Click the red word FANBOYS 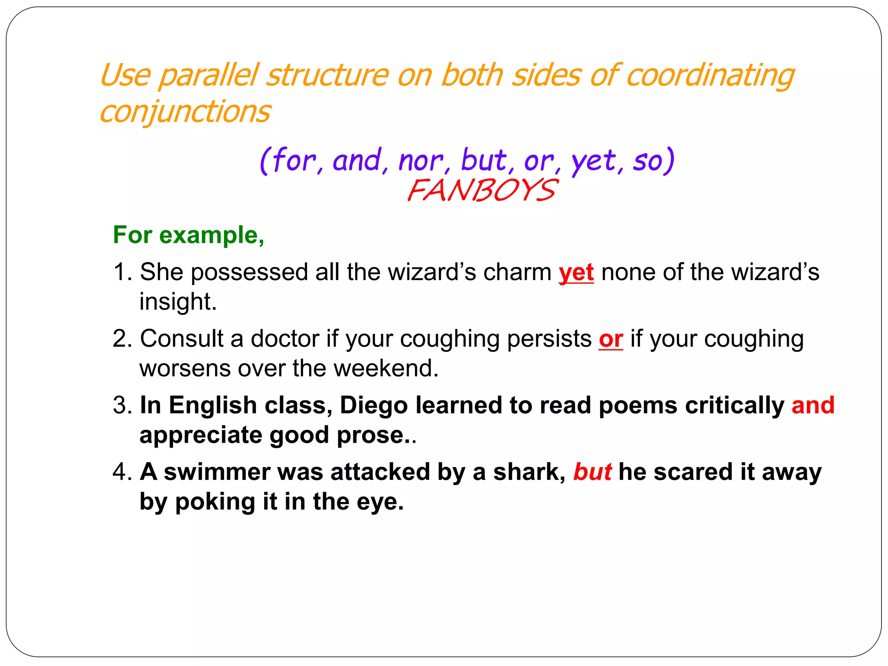[x=481, y=190]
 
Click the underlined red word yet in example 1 [x=576, y=273]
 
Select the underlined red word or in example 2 [x=611, y=339]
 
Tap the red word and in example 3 [x=813, y=405]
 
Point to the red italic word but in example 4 [x=592, y=472]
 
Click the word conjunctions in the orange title [x=185, y=111]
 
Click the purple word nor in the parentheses [x=420, y=160]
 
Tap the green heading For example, [x=189, y=235]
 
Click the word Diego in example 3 [x=374, y=405]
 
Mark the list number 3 [x=121, y=405]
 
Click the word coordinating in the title [x=710, y=75]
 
